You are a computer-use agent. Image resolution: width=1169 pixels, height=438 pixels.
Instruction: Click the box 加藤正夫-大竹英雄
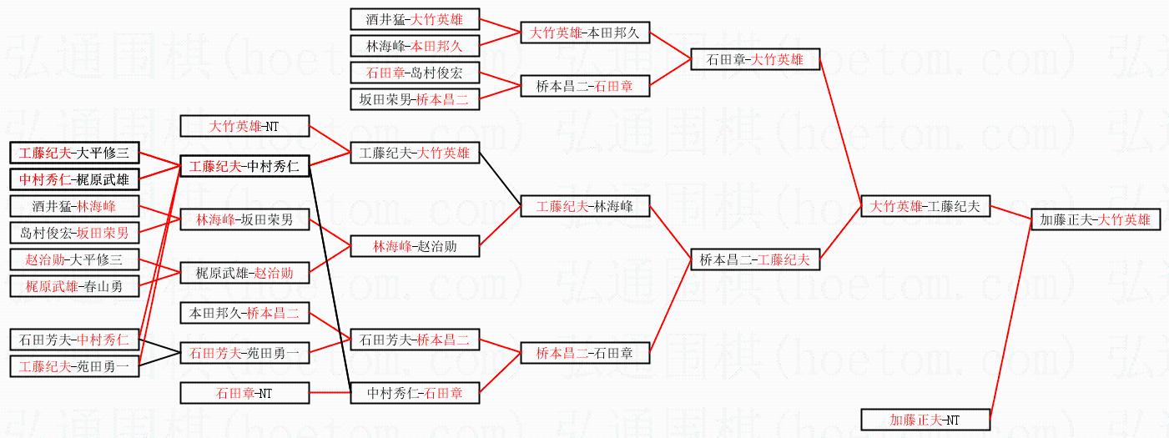(x=1095, y=220)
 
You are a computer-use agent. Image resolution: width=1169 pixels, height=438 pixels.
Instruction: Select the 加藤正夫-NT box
(x=925, y=420)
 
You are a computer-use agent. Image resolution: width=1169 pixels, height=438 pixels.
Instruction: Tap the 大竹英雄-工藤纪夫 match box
(x=925, y=205)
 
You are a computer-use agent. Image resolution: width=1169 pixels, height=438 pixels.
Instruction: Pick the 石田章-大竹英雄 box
(x=755, y=60)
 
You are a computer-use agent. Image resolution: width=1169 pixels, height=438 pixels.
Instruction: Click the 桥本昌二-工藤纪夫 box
(x=755, y=260)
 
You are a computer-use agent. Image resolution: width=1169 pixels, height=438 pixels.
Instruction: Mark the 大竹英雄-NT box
(x=244, y=127)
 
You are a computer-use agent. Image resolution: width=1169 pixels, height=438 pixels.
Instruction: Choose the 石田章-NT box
(x=244, y=392)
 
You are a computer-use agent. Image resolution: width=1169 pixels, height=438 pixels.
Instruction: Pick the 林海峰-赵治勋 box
(x=415, y=246)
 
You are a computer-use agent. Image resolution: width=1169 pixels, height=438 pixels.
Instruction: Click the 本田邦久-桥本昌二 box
(x=244, y=314)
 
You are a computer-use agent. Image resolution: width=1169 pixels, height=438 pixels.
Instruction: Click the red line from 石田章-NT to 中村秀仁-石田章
(x=330, y=392)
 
